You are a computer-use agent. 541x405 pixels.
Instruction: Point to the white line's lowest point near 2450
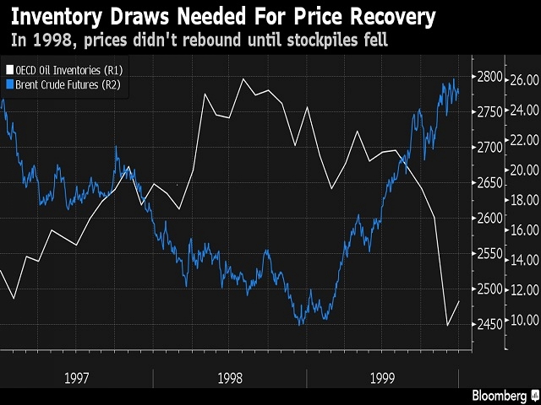click(x=448, y=325)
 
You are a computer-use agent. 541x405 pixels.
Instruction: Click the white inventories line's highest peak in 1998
click(x=243, y=79)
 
